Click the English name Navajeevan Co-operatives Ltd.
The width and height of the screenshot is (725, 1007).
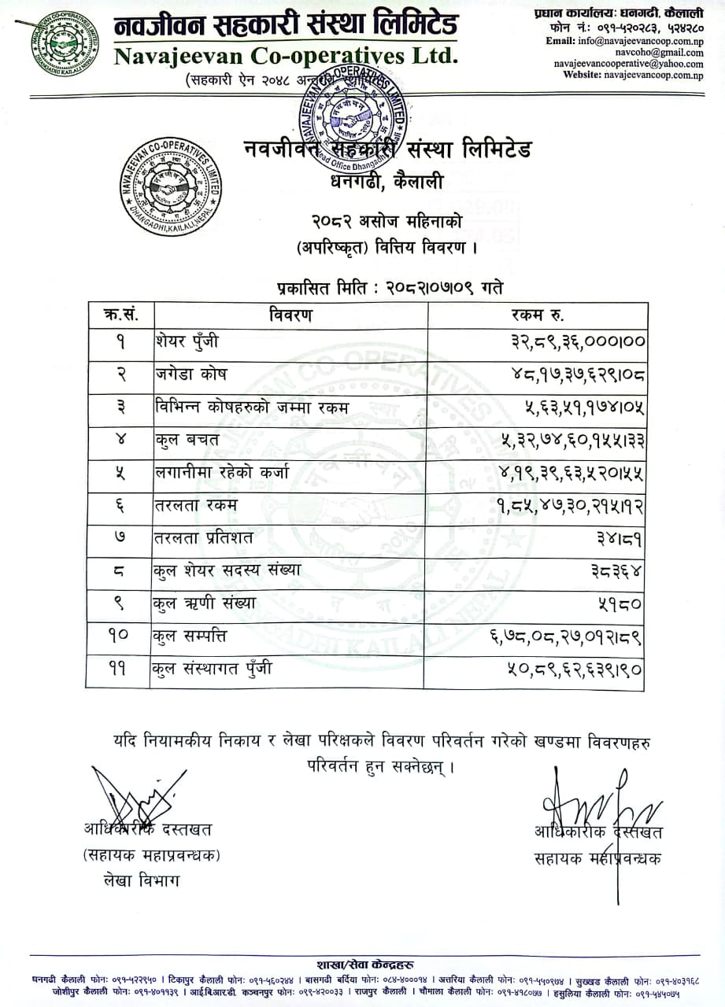(x=284, y=56)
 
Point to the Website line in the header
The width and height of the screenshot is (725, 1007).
(x=633, y=75)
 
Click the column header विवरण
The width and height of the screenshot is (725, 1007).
(x=290, y=315)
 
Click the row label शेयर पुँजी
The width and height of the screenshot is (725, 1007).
(x=187, y=342)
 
